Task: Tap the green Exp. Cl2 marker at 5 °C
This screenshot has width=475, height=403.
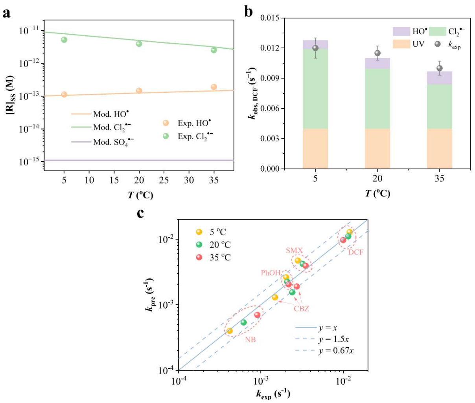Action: pyautogui.click(x=64, y=40)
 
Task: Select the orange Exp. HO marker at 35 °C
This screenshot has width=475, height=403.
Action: pyautogui.click(x=214, y=87)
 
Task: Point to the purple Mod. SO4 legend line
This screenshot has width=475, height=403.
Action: pyautogui.click(x=81, y=142)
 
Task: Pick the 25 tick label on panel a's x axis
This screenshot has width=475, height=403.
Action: pyautogui.click(x=164, y=180)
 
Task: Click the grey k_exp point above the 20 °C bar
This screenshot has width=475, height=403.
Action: pyautogui.click(x=377, y=53)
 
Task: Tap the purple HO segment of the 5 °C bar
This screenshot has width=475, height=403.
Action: pyautogui.click(x=315, y=44)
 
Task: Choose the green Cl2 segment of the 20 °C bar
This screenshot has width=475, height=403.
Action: pyautogui.click(x=377, y=99)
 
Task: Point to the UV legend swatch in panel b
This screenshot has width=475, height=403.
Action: pyautogui.click(x=401, y=44)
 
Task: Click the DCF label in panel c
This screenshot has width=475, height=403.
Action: pyautogui.click(x=356, y=252)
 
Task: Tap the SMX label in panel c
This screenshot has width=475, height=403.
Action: pyautogui.click(x=294, y=251)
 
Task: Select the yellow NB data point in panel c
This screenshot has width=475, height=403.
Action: pyautogui.click(x=230, y=331)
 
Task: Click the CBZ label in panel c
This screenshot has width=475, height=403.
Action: pyautogui.click(x=301, y=309)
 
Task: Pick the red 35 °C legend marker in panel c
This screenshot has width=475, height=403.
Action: pyautogui.click(x=199, y=257)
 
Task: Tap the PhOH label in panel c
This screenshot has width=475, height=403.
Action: pyautogui.click(x=271, y=273)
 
